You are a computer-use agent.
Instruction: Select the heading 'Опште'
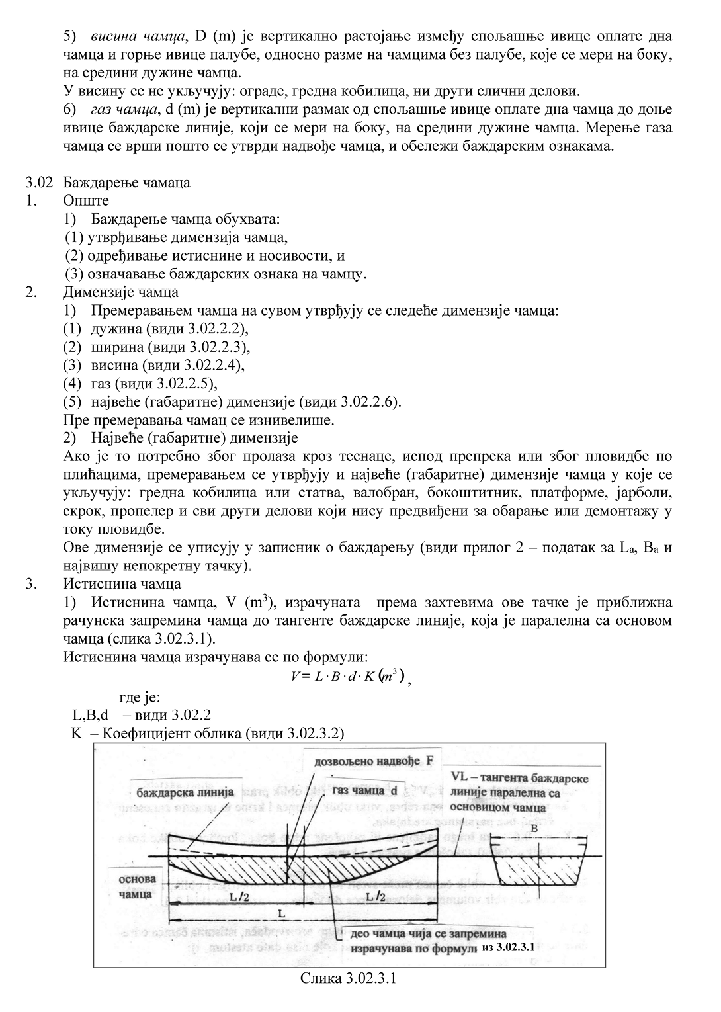click(x=86, y=200)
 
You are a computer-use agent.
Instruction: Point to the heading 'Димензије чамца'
click(x=120, y=292)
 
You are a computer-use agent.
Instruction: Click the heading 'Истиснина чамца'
click(x=122, y=584)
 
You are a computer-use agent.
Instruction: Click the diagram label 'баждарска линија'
click(x=185, y=792)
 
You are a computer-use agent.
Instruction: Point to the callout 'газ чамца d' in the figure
click(x=364, y=791)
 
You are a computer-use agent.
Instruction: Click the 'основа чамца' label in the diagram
click(x=138, y=886)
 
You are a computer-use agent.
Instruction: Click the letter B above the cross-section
click(x=534, y=827)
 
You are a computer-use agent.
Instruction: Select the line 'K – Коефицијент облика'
click(x=208, y=733)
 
